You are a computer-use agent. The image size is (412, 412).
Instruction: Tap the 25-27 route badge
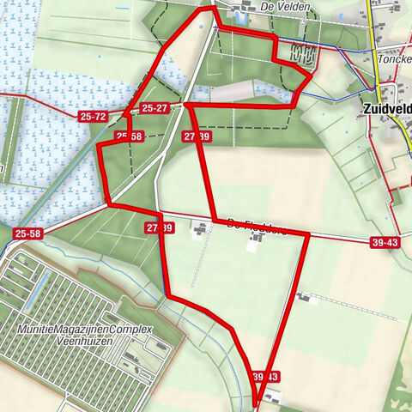(x=155, y=108)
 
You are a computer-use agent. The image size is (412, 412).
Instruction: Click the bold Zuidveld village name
(x=383, y=109)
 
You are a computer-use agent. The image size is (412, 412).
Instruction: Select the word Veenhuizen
(x=84, y=342)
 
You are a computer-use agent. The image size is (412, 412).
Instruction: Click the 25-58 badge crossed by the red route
(x=129, y=136)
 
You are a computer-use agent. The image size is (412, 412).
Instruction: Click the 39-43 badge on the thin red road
(x=385, y=244)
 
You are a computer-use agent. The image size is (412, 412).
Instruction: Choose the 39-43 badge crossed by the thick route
(x=264, y=377)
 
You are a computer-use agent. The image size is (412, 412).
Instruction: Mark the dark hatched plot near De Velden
(x=305, y=55)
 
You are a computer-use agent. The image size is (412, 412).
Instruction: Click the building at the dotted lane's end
(x=305, y=298)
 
